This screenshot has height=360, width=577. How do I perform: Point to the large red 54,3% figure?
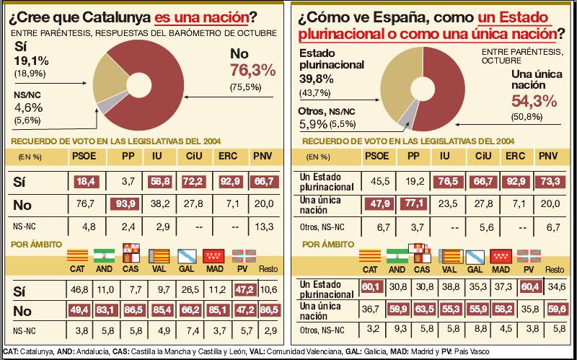(x=535, y=102)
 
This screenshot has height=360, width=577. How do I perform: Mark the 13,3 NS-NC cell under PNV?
(x=263, y=227)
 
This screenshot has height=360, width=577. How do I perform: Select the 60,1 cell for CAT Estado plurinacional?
(x=370, y=288)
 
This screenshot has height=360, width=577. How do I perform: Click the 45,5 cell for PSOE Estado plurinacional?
(x=376, y=179)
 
